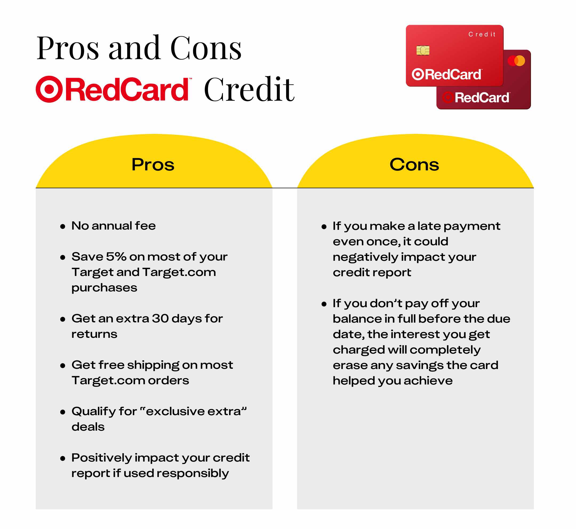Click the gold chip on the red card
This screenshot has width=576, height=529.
coord(423,50)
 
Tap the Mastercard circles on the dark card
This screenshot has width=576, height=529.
coord(516,61)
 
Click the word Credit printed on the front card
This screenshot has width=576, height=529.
coord(482,34)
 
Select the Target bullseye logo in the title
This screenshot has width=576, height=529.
coord(49,89)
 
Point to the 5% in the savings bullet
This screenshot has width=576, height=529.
coord(116,257)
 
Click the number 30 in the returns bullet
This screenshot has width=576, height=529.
coord(160,318)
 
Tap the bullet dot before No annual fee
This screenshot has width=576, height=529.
coord(63,227)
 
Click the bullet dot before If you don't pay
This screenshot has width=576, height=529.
coord(324,304)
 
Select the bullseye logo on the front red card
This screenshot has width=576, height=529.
coord(418,74)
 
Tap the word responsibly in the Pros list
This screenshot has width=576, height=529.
coord(193,474)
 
